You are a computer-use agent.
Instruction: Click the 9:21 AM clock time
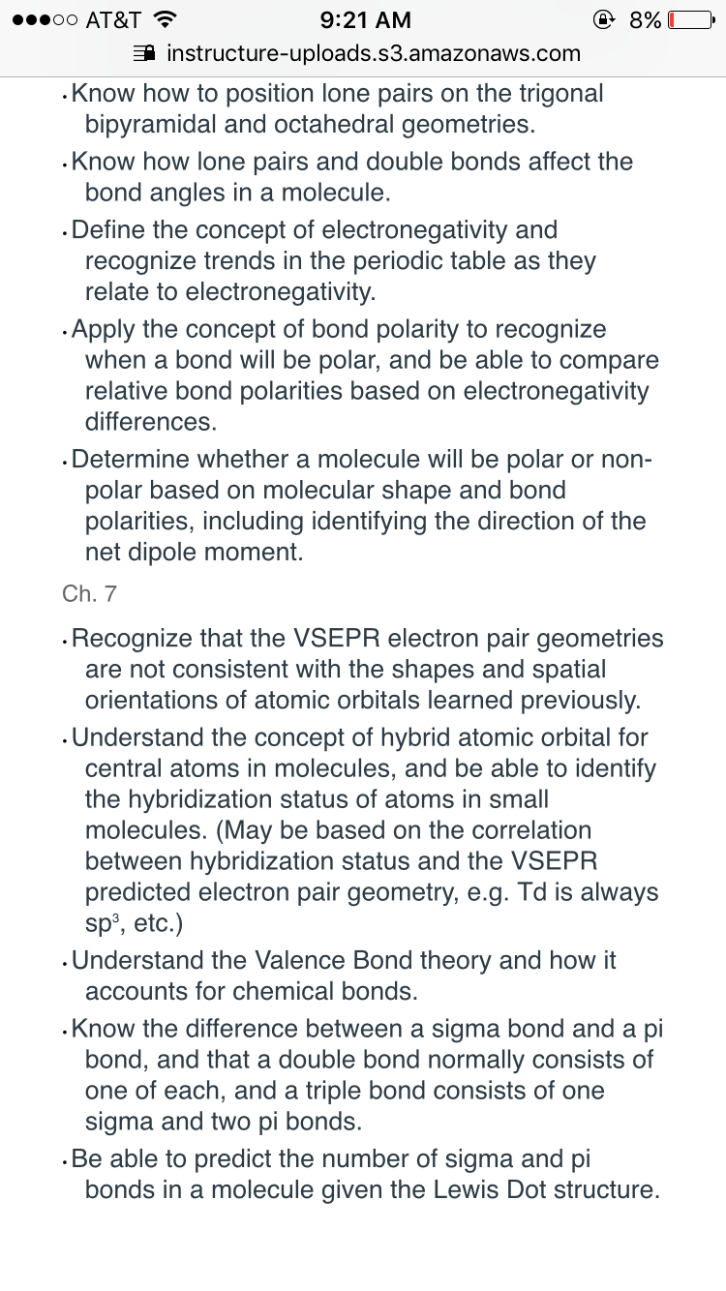coord(364,20)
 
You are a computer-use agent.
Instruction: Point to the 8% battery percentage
coord(645,20)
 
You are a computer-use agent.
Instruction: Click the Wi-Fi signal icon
coord(166,20)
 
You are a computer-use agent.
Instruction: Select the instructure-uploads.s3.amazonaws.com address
coord(374,52)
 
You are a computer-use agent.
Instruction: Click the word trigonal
coord(556,93)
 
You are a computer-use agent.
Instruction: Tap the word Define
coord(107,229)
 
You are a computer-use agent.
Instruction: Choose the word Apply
coord(103,328)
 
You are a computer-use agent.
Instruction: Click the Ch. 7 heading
coord(89,593)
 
